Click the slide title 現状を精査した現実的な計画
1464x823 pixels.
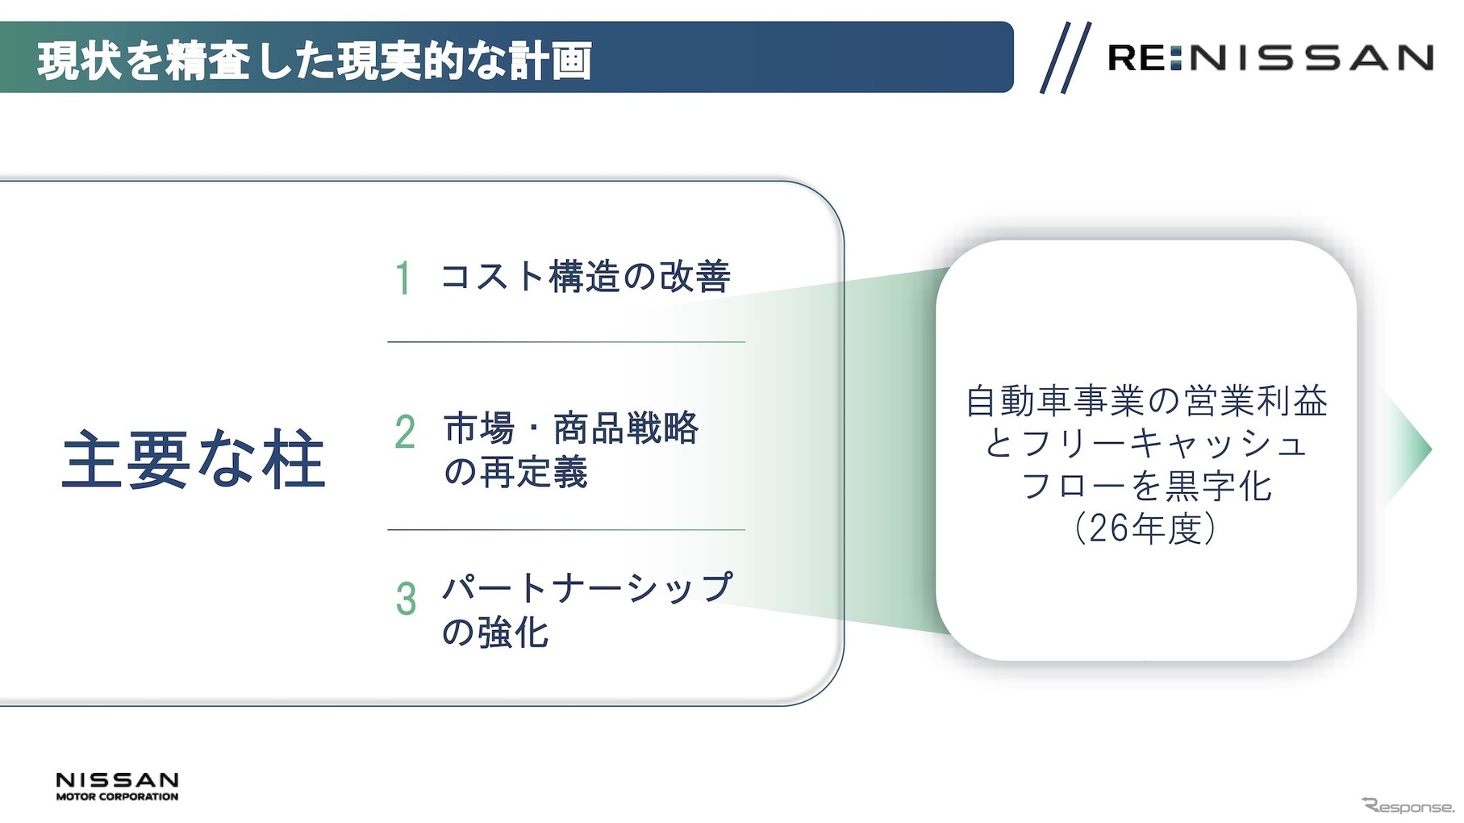[315, 61]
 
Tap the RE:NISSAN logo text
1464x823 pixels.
[1270, 57]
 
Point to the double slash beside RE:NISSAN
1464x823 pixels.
[1066, 57]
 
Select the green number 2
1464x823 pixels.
[405, 432]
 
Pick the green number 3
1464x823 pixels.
[406, 599]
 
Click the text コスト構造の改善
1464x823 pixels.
[586, 277]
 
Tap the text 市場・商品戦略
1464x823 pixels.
[571, 428]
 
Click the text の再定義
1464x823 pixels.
[515, 472]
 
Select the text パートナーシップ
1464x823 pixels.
[587, 588]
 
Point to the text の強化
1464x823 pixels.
[495, 632]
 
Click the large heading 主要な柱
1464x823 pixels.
[194, 459]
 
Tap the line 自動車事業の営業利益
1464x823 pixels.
[1146, 401]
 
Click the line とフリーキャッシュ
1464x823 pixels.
[1145, 443]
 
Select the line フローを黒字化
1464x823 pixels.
[1146, 486]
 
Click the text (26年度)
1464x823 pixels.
[1146, 528]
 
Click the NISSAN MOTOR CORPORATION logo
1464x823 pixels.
[117, 786]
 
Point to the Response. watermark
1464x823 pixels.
[1408, 805]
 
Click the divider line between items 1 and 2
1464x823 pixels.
[566, 342]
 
